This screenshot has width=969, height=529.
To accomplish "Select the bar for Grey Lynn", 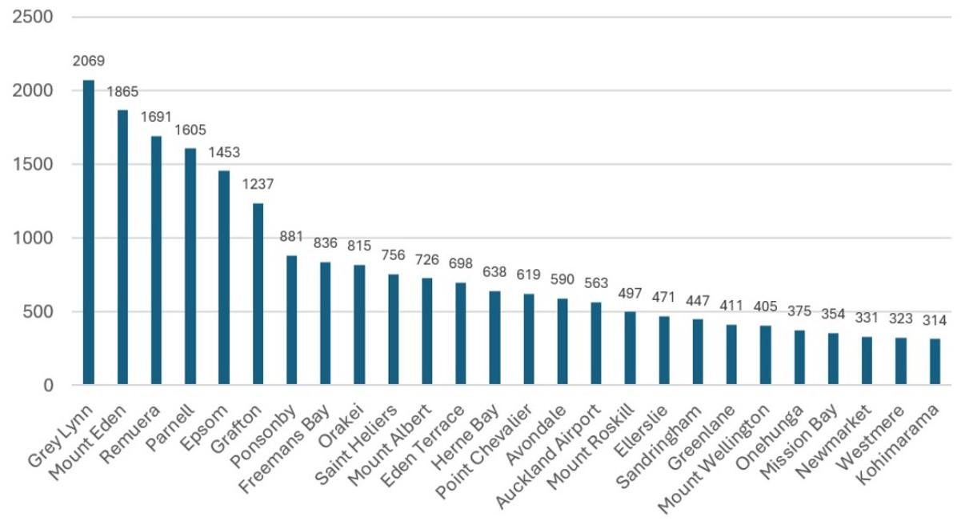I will click(x=88, y=232).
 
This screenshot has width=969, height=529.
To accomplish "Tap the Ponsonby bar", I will click(x=291, y=320).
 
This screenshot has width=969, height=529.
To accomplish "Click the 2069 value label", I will click(x=88, y=61).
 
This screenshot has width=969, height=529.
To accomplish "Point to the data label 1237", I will click(x=258, y=184).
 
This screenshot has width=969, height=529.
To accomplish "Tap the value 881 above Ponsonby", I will click(x=291, y=237).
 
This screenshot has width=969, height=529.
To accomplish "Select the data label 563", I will click(x=596, y=283).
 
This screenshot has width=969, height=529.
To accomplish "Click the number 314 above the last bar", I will click(x=935, y=320).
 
